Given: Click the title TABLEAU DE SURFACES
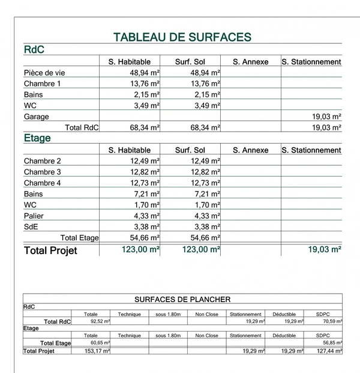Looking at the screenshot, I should tap(182, 37).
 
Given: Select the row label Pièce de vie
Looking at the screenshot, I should tap(44, 73).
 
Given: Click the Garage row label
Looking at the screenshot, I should tap(37, 117).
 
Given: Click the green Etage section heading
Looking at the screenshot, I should tap(37, 138).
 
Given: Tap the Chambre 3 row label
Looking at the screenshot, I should tap(43, 172).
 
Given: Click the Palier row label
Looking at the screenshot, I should tap(34, 216).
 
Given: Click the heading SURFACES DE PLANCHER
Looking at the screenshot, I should tap(182, 299).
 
